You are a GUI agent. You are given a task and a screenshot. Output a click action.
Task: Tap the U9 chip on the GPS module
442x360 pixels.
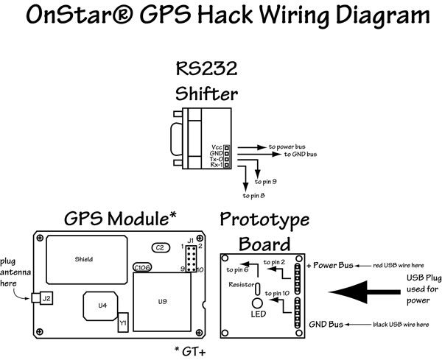point(163,301)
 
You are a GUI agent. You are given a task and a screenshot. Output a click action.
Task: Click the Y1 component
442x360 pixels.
point(123,322)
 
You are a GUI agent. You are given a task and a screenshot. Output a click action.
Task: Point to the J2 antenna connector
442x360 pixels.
point(46,298)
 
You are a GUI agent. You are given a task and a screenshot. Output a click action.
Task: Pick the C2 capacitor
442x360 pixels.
point(159,247)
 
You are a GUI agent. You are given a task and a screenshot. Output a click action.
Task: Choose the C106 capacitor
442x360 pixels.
point(141,267)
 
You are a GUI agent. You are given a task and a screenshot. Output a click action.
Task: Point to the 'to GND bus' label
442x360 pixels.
point(301,155)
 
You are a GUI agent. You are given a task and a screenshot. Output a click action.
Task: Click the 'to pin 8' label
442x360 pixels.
point(255,197)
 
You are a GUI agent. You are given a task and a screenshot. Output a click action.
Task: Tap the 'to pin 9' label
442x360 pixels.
point(265,181)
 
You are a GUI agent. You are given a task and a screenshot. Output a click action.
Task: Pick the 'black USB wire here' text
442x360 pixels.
point(399,323)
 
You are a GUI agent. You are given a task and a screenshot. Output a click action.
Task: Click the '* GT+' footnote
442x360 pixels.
point(192,347)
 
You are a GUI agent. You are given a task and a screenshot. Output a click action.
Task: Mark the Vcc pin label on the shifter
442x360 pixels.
point(216,147)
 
